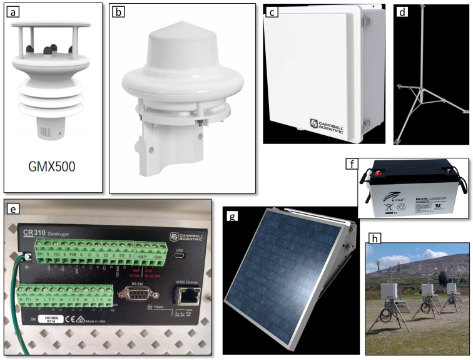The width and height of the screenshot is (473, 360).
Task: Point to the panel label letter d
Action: [402, 11]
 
